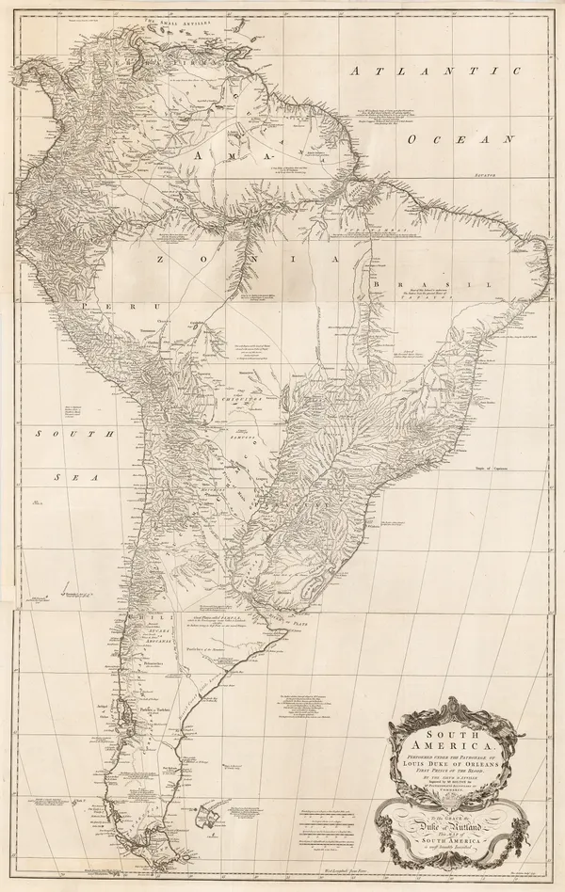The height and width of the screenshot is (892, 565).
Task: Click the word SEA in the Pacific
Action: pos(71,477)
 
